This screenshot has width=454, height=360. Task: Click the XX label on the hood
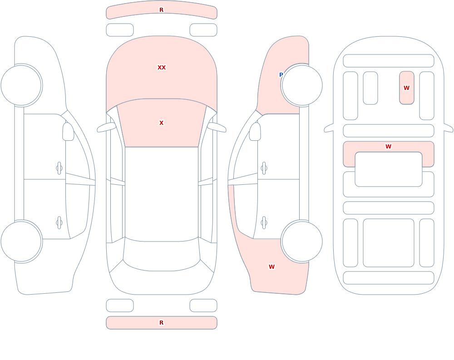(x=162, y=68)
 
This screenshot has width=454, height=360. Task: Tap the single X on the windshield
(x=162, y=123)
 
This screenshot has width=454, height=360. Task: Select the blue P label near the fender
(x=281, y=75)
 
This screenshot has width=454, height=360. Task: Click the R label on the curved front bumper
(x=162, y=10)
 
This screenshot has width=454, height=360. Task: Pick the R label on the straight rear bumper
(x=162, y=323)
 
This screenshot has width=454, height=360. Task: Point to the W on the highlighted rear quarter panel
(x=271, y=267)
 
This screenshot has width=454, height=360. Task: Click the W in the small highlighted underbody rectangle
(x=406, y=88)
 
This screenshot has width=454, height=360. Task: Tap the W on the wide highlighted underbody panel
(x=389, y=147)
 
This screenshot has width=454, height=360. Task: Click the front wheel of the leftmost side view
(x=21, y=85)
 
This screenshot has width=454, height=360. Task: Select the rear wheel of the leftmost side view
(x=21, y=241)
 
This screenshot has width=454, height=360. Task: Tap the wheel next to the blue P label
(x=302, y=85)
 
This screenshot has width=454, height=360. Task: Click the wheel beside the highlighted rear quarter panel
(x=302, y=241)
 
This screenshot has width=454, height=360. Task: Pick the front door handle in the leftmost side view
(x=59, y=168)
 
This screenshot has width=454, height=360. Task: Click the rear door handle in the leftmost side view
(x=59, y=223)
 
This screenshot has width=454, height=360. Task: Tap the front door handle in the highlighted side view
(x=264, y=168)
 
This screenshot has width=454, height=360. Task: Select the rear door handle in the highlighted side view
(x=264, y=223)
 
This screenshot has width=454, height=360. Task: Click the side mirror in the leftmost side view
(x=69, y=132)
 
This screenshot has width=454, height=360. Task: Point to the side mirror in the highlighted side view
(x=255, y=132)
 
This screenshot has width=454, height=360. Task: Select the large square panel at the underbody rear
(x=389, y=243)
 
